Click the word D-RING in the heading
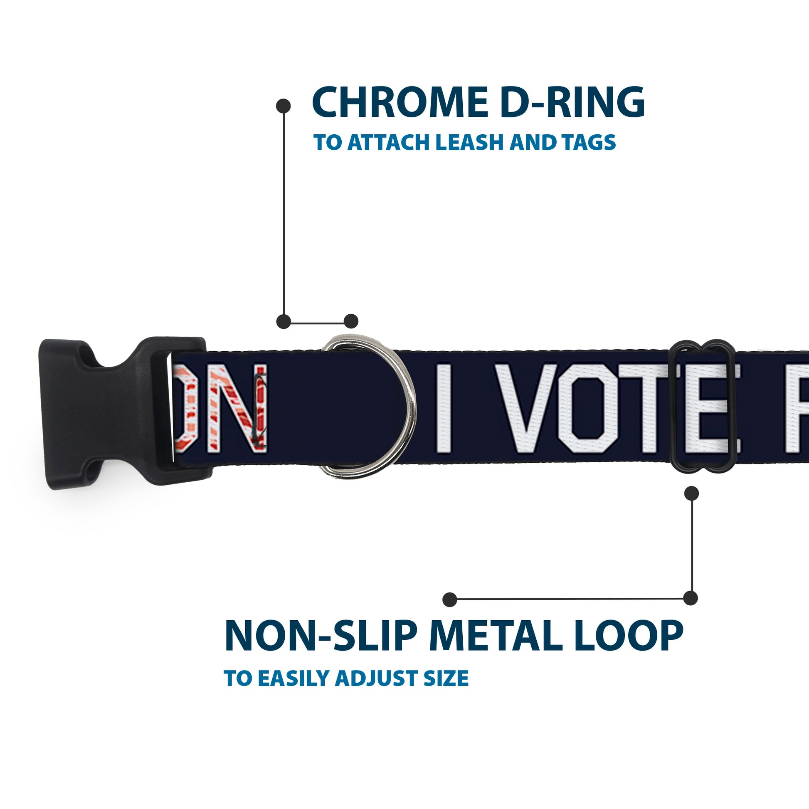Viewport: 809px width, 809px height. coord(572,103)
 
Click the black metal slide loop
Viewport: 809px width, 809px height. coord(702,408)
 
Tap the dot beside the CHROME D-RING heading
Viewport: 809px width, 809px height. coord(284,106)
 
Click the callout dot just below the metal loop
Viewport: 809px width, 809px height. coord(691,493)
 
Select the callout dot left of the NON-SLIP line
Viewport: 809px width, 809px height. coord(449,599)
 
